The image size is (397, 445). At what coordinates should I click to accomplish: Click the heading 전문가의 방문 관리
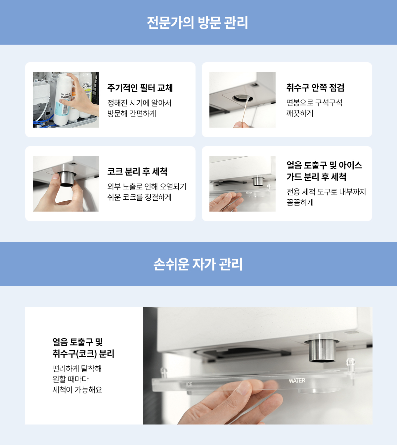197,22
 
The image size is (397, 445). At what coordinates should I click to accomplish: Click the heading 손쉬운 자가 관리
198,264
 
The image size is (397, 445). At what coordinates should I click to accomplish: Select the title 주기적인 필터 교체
140,88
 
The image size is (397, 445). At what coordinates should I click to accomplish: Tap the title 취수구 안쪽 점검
315,88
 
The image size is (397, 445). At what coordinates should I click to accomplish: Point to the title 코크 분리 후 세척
137,172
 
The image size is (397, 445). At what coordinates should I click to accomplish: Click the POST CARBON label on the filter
87,85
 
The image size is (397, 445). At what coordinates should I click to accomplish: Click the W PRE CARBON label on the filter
66,96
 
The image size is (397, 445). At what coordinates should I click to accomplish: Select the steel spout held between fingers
66,179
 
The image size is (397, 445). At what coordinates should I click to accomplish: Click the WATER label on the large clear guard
297,381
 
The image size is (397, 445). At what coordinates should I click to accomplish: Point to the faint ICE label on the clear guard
189,384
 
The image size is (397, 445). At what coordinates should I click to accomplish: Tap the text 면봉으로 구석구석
314,102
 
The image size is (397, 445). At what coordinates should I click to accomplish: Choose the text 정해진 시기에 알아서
139,103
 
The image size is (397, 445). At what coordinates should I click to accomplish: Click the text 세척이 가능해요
77,389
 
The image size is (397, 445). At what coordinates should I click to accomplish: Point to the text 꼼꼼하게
300,202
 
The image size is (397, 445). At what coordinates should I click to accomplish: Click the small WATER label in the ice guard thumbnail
249,193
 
